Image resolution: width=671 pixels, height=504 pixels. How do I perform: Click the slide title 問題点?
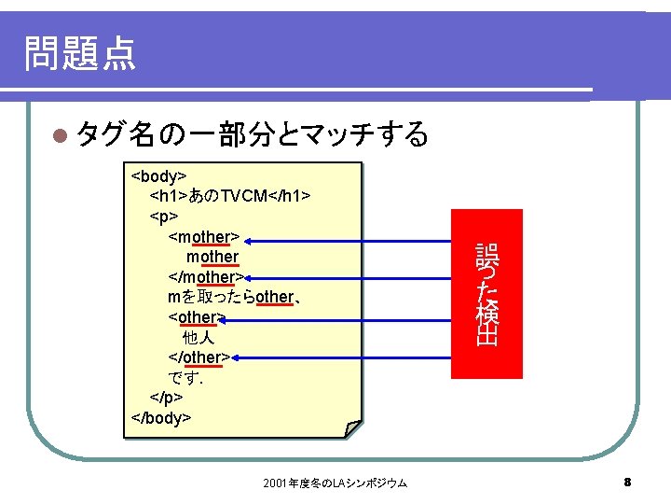(80, 53)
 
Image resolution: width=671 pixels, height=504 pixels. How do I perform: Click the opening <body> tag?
(159, 176)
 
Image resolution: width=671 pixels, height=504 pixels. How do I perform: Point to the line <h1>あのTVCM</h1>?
(230, 196)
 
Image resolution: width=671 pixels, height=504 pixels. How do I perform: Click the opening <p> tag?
(162, 217)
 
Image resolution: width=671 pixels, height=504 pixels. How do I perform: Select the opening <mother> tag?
(204, 237)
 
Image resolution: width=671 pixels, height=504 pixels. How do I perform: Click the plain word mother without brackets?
(212, 257)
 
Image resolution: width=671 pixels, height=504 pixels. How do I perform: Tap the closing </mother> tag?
(206, 277)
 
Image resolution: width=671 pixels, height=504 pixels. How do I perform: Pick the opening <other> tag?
(196, 317)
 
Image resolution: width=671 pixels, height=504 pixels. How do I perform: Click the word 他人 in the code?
(199, 337)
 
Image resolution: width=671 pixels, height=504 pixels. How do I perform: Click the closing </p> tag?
(165, 398)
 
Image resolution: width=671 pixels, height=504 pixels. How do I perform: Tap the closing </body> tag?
(161, 417)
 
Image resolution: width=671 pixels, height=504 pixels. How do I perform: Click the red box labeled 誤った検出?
(486, 294)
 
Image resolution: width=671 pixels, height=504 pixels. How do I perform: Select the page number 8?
(627, 483)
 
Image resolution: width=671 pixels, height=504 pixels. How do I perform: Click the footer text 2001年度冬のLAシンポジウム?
(335, 483)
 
